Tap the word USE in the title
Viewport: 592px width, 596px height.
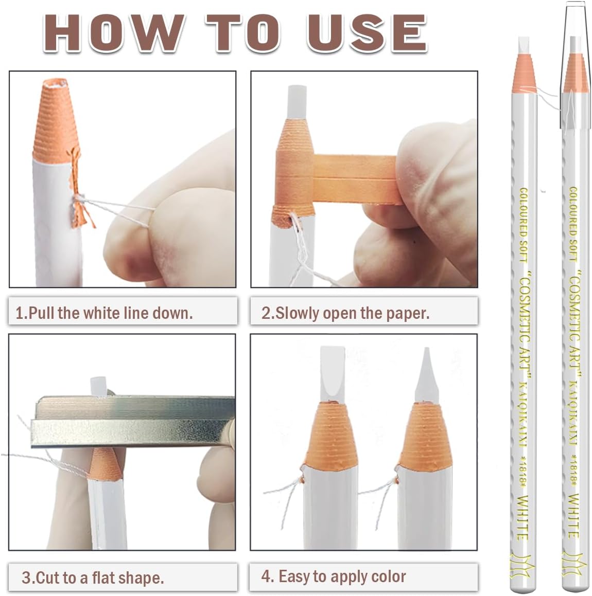click(x=367, y=33)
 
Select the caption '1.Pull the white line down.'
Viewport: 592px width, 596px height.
click(x=105, y=313)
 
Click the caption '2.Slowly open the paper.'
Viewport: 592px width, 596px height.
click(x=345, y=313)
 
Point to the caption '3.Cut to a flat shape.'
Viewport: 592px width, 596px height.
click(x=93, y=577)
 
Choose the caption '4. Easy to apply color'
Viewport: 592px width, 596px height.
click(x=333, y=576)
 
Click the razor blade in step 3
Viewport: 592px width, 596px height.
click(x=133, y=421)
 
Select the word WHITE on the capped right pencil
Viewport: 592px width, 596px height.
click(x=574, y=516)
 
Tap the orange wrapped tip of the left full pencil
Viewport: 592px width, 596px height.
click(x=525, y=74)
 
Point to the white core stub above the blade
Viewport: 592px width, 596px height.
click(x=98, y=387)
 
